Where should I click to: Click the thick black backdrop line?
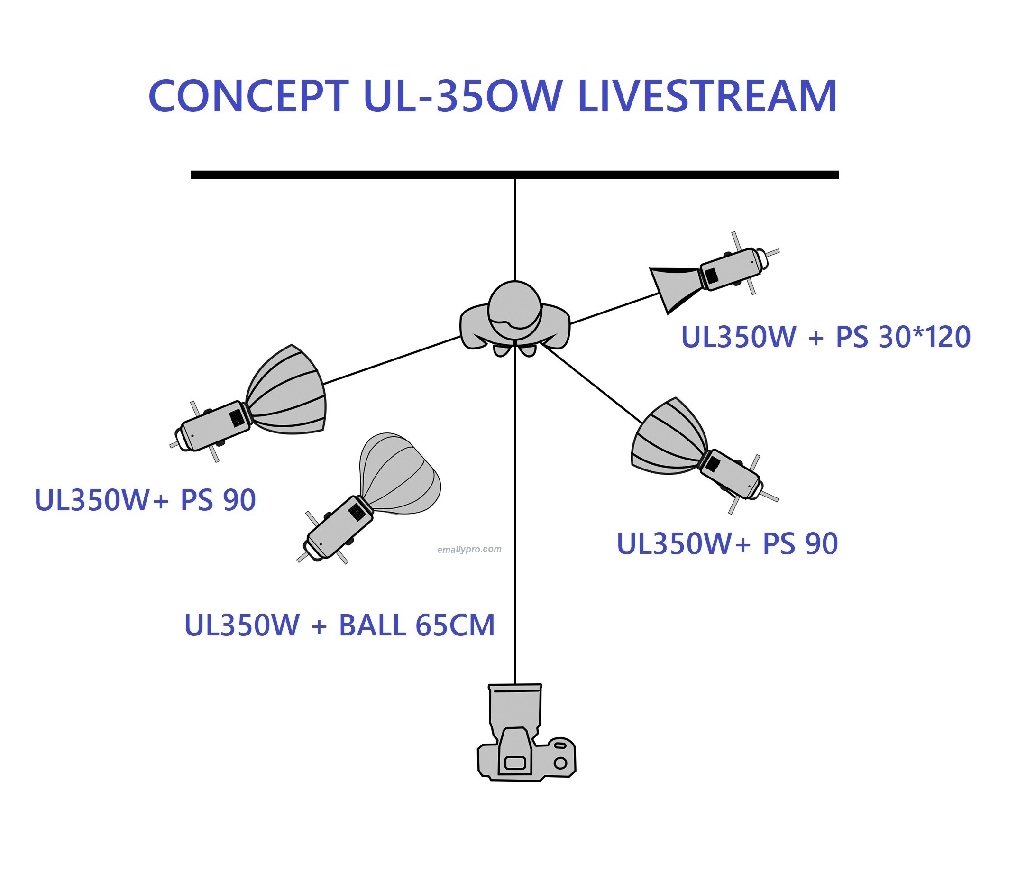point(348,175)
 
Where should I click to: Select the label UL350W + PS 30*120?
point(825,337)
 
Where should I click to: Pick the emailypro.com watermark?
point(469,549)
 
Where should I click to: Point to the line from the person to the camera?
point(515,523)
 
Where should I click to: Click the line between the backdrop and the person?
point(515,229)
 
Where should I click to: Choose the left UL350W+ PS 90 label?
point(145,500)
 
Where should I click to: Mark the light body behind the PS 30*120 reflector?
point(732,269)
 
